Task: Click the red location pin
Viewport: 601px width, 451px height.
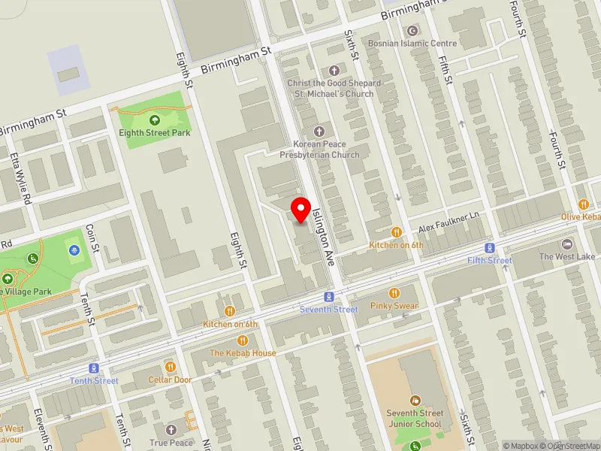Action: coord(301,208)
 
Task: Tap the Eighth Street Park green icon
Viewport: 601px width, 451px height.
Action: coord(155,120)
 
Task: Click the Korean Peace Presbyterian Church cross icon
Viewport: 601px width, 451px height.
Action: coord(319,131)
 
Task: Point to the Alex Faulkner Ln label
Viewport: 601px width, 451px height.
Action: coord(448,222)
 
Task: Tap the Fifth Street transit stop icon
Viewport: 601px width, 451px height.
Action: coord(490,248)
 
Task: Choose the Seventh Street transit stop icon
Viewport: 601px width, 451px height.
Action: coord(328,297)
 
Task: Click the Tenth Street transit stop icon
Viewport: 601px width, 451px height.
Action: coord(94,368)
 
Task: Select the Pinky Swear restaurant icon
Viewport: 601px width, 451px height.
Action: coord(394,293)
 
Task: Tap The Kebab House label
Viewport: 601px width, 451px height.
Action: coord(243,353)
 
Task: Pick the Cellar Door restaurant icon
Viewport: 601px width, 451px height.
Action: coord(171,367)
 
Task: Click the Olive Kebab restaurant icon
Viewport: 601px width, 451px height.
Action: coord(583,204)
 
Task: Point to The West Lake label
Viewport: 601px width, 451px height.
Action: coord(566,256)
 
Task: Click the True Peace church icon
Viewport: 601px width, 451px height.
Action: coord(171,430)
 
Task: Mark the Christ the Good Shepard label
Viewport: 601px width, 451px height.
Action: coord(334,83)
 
